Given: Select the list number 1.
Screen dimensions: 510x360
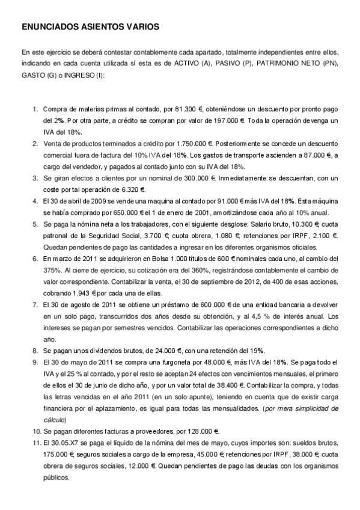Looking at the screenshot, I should click(35, 109).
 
